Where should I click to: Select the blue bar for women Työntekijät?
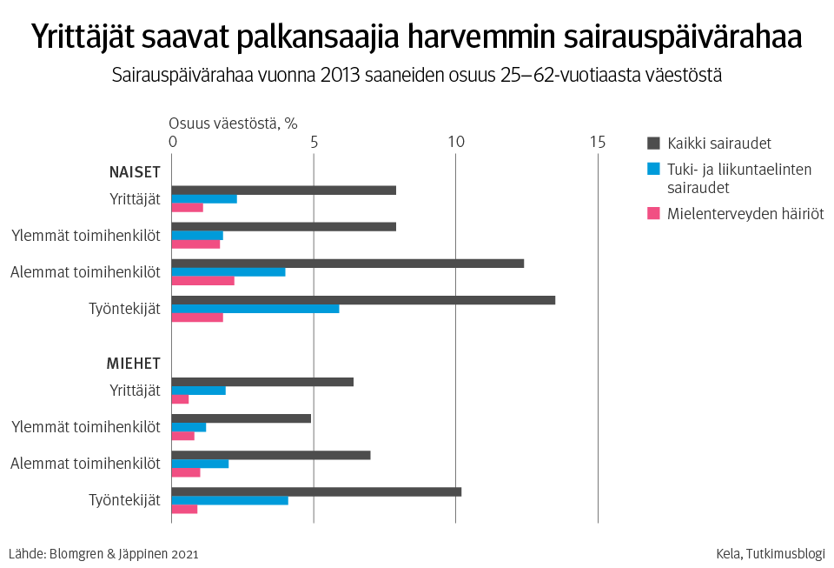click(x=255, y=308)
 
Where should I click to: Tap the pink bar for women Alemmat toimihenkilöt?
click(x=203, y=280)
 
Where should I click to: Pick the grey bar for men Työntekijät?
click(x=316, y=491)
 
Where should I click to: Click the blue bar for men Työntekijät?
click(x=230, y=500)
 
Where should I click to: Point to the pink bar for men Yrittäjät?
click(x=181, y=399)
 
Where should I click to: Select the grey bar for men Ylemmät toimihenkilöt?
click(x=242, y=418)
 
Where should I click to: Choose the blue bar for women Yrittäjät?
click(x=204, y=199)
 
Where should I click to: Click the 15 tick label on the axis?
click(x=597, y=142)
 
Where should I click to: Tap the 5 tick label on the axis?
click(x=314, y=142)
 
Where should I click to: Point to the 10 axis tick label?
click(x=455, y=142)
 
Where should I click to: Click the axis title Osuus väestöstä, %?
click(x=233, y=123)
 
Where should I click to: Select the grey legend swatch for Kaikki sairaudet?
click(x=654, y=142)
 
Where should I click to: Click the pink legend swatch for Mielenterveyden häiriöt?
click(x=654, y=213)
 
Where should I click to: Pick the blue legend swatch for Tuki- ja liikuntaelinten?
click(x=654, y=169)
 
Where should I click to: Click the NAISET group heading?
click(x=135, y=172)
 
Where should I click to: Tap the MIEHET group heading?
click(x=134, y=363)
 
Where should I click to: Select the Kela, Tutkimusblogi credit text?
click(x=770, y=553)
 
